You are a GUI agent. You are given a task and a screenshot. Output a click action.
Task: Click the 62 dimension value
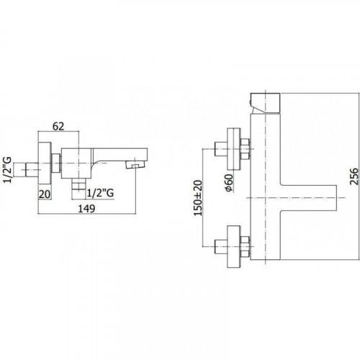pyautogui.click(x=58, y=126)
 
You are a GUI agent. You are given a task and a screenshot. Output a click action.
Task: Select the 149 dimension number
pyautogui.click(x=87, y=209)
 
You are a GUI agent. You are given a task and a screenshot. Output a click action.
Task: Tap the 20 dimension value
pyautogui.click(x=45, y=194)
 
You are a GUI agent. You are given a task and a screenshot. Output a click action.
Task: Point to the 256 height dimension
pyautogui.click(x=354, y=176)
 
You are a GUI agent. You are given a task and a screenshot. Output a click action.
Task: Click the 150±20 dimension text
pyautogui.click(x=198, y=198)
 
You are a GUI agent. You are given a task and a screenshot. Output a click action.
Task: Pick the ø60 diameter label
pyautogui.click(x=229, y=183)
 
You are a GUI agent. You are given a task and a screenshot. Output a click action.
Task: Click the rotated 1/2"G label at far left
pyautogui.click(x=7, y=169)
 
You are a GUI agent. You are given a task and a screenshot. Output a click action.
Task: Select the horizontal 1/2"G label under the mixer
pyautogui.click(x=100, y=193)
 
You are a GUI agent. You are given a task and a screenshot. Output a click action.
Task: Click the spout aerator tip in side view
pyautogui.click(x=135, y=166)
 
